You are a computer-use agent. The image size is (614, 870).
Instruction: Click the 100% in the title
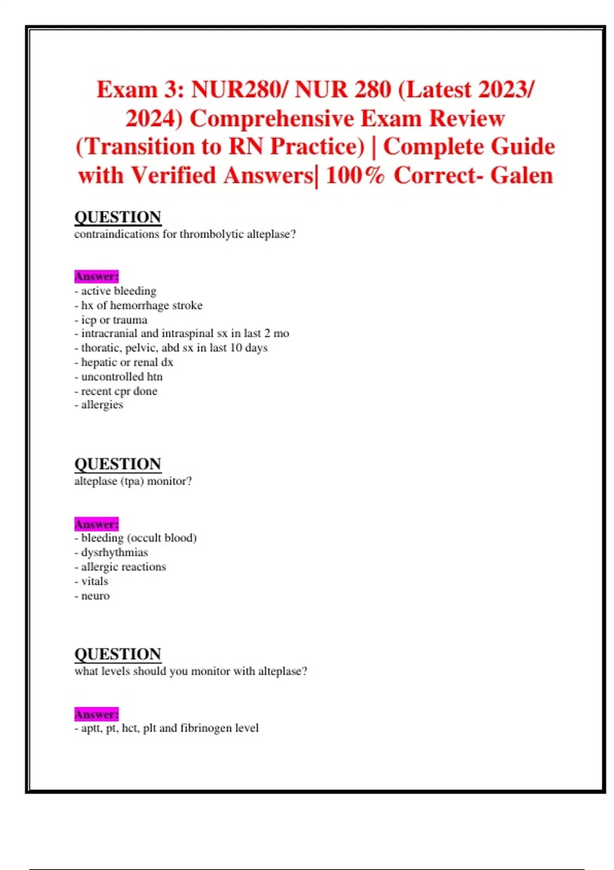(x=355, y=176)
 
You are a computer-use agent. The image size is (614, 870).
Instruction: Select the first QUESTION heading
(x=118, y=217)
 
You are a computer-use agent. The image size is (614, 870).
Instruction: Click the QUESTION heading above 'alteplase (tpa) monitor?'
(x=118, y=464)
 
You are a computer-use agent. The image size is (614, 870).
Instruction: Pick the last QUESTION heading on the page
(x=118, y=654)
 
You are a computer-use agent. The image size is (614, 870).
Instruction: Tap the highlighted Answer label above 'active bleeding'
(x=96, y=276)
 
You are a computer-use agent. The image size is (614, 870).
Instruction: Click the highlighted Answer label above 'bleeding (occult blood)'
(x=96, y=524)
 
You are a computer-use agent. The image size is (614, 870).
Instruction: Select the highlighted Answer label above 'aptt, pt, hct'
(x=96, y=714)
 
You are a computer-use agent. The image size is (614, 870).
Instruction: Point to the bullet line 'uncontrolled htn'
(x=122, y=377)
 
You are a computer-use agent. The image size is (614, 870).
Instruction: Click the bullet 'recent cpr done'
(x=119, y=391)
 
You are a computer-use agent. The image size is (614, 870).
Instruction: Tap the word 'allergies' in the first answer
(x=102, y=405)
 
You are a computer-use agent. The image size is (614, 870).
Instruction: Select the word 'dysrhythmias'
(x=115, y=553)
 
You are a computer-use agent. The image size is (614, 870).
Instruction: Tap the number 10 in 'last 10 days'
(x=236, y=348)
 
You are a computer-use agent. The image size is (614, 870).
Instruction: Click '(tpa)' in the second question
(x=133, y=481)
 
